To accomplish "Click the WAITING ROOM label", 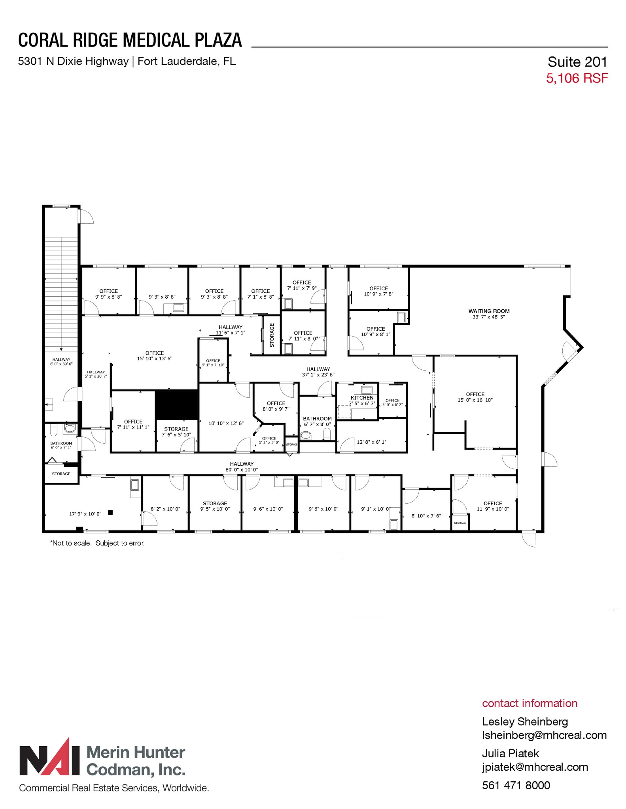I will (x=489, y=311).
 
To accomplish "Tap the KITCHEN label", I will (x=362, y=398).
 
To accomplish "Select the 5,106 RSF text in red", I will (x=577, y=78).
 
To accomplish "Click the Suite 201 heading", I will (x=577, y=62).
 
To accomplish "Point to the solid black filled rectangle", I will (x=177, y=404).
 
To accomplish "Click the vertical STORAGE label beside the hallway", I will (x=272, y=335).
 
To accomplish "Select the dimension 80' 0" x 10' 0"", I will (x=242, y=470).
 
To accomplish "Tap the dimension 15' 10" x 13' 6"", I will (x=155, y=359).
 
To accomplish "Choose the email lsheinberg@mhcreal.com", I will (x=544, y=735).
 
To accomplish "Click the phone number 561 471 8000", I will (x=516, y=785).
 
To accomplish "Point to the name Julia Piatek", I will (x=511, y=754).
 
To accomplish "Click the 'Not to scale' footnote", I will (x=97, y=543).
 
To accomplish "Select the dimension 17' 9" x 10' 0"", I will (x=85, y=514).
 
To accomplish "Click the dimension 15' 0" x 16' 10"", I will (x=475, y=400).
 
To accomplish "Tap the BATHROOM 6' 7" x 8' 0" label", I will (x=317, y=421).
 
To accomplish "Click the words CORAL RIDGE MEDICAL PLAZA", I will (x=130, y=40).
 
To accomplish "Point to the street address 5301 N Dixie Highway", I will (x=74, y=61).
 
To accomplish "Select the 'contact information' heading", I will (x=530, y=703).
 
